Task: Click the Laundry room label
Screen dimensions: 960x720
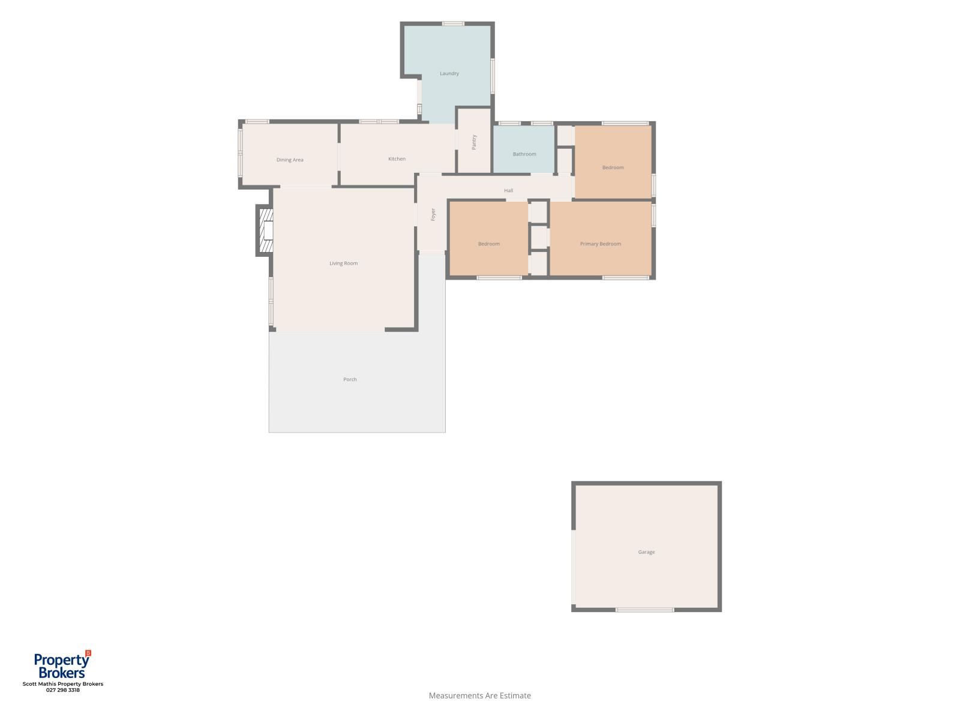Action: pyautogui.click(x=449, y=73)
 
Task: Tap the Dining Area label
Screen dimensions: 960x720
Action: pyautogui.click(x=290, y=160)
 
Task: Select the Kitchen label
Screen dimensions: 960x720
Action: pyautogui.click(x=397, y=158)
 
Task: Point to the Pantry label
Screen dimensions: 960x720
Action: pyautogui.click(x=473, y=142)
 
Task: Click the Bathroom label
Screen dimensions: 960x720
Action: pyautogui.click(x=524, y=154)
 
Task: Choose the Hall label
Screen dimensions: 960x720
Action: pyautogui.click(x=508, y=190)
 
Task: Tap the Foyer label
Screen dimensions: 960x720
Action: pyautogui.click(x=433, y=214)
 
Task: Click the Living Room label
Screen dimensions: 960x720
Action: pyautogui.click(x=343, y=263)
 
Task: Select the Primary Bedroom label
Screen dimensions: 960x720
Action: pyautogui.click(x=601, y=244)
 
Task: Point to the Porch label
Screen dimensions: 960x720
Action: pyautogui.click(x=350, y=379)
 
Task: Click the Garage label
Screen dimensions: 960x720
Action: pyautogui.click(x=646, y=551)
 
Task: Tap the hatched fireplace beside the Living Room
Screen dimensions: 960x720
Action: pyautogui.click(x=266, y=230)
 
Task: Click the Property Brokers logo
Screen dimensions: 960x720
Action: pyautogui.click(x=62, y=665)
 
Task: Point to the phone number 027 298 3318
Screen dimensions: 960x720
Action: pyautogui.click(x=63, y=690)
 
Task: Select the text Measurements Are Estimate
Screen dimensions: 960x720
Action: pyautogui.click(x=480, y=695)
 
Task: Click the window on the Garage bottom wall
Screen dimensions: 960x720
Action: pyautogui.click(x=644, y=610)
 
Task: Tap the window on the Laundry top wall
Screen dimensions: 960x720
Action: pyautogui.click(x=453, y=23)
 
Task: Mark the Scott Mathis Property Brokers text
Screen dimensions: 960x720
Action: pyautogui.click(x=63, y=684)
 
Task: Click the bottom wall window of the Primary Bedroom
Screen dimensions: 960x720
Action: pyautogui.click(x=625, y=278)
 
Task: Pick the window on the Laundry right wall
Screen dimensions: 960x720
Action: pyautogui.click(x=493, y=76)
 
